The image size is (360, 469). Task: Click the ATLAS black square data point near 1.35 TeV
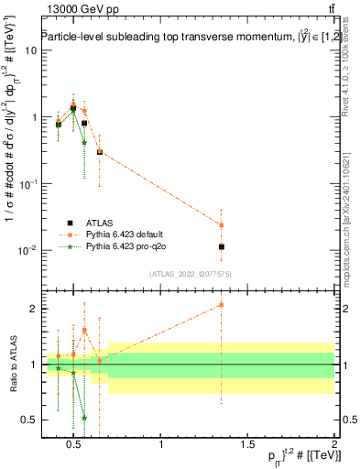221,246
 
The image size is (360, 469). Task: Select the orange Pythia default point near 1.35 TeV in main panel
221,224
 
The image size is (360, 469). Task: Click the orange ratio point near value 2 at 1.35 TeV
221,305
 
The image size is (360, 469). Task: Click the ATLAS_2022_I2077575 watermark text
190,274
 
